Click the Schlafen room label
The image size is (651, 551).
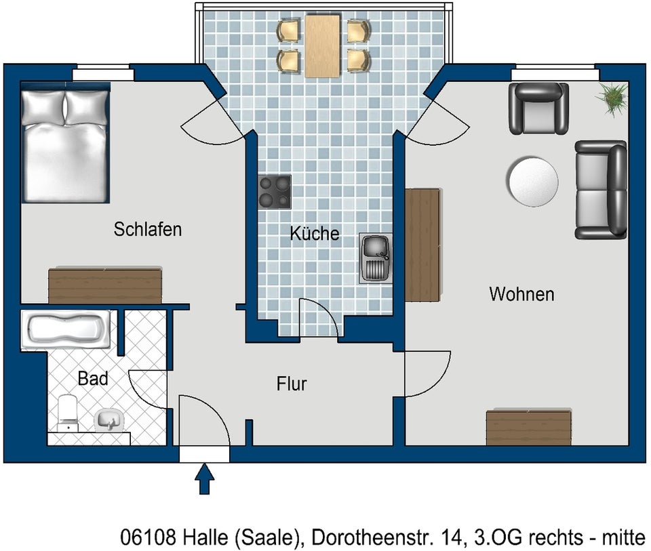[148, 229]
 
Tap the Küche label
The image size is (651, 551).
[314, 234]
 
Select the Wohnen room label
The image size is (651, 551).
[521, 294]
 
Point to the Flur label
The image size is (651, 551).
[292, 384]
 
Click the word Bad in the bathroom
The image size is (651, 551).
[93, 379]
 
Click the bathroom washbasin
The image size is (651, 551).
[108, 421]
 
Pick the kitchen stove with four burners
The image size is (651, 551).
[275, 192]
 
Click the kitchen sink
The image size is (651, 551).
[376, 258]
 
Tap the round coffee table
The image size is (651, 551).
[532, 181]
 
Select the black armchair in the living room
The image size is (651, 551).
[538, 108]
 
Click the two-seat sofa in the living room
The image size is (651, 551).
[601, 190]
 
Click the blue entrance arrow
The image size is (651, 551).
[205, 479]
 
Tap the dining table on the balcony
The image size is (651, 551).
[323, 46]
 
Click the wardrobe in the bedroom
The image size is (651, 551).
[105, 285]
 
